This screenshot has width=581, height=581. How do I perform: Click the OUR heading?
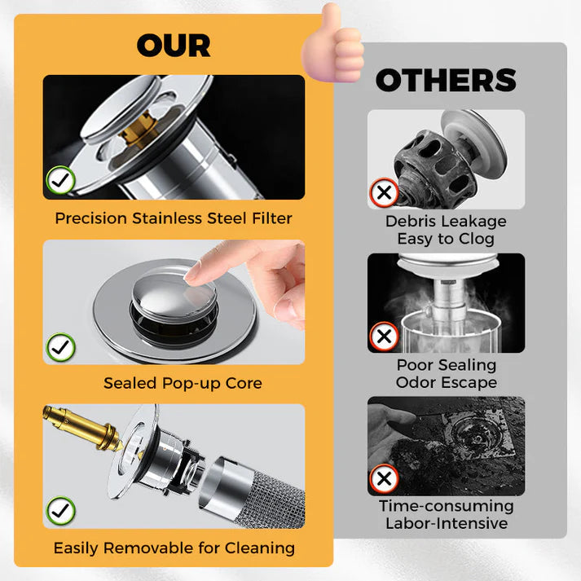click(x=173, y=46)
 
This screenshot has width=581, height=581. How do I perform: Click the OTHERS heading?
click(x=446, y=81)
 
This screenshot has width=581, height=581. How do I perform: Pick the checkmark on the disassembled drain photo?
click(x=60, y=511)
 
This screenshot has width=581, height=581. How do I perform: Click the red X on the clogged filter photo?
click(x=384, y=194)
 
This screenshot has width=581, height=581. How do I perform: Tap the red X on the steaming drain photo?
click(x=384, y=336)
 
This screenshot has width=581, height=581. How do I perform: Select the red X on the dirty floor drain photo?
click(x=384, y=478)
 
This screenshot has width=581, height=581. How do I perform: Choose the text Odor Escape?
click(x=446, y=382)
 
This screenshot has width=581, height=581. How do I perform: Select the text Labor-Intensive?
click(x=446, y=524)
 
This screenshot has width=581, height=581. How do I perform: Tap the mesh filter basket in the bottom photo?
click(x=261, y=489)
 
